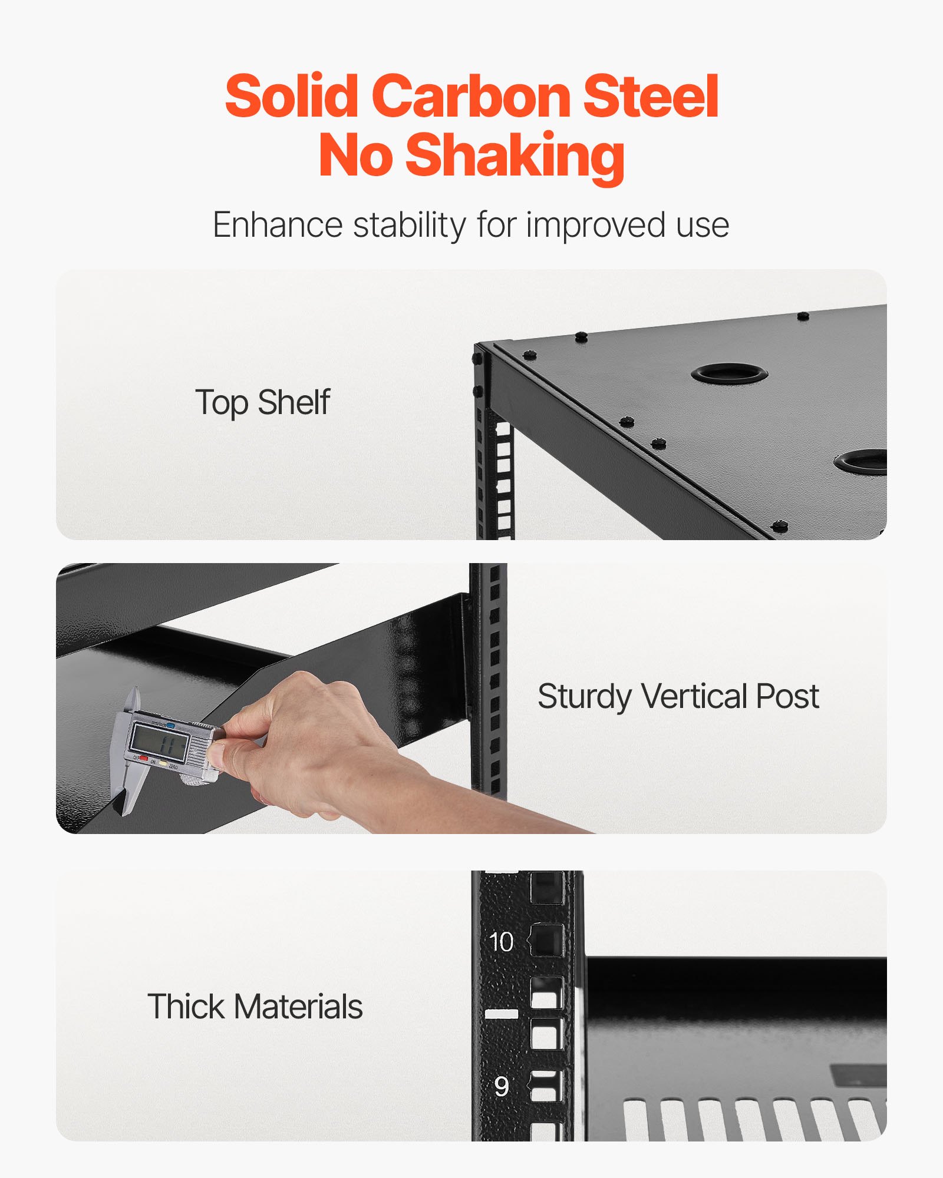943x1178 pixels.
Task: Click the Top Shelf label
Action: coord(262,403)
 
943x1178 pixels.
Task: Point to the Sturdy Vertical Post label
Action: coord(678,697)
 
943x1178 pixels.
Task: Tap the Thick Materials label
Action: coord(255,1007)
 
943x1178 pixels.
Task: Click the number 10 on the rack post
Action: coord(502,942)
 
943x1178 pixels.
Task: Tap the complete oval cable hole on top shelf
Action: coord(729,373)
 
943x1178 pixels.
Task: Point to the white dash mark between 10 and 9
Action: coord(502,1014)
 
